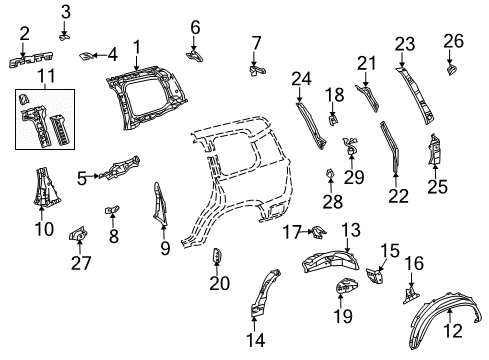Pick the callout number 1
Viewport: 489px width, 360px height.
tap(136, 45)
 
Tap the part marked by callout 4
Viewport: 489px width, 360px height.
tap(89, 54)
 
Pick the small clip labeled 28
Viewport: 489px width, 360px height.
tap(330, 178)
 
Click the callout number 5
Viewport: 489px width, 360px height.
tap(81, 179)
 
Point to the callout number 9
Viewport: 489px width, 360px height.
tap(164, 242)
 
